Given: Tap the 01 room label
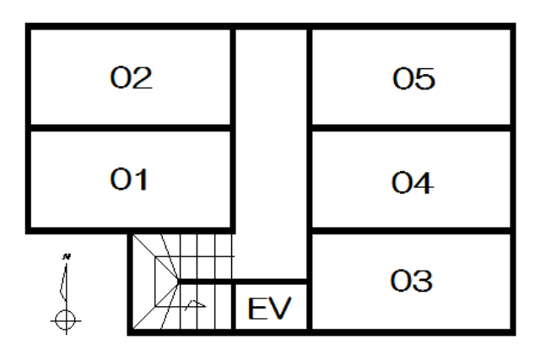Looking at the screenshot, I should tap(130, 180).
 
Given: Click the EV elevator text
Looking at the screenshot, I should tap(269, 309).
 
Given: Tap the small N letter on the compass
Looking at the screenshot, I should tap(66, 255).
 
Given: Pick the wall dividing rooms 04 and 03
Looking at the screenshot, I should tap(412, 229).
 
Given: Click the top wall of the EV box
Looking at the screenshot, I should tap(270, 282).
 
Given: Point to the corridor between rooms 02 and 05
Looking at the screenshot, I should tap(271, 126).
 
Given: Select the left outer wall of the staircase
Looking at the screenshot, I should tap(131, 282).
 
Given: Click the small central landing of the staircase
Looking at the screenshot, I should tap(166, 279).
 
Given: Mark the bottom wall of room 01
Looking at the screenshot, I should tap(130, 229).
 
